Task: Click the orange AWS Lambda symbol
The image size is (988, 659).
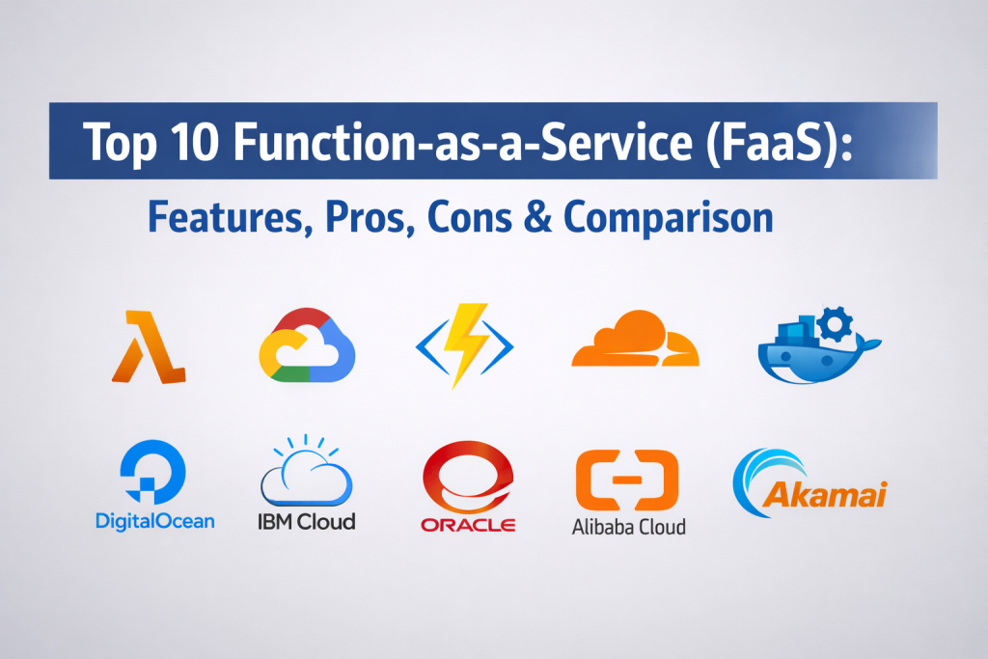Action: tap(150, 349)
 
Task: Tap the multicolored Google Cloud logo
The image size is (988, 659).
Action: tap(307, 345)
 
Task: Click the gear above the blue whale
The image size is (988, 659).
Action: tap(835, 324)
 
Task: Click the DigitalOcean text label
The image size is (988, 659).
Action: tap(155, 522)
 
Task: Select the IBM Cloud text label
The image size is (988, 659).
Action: tap(307, 522)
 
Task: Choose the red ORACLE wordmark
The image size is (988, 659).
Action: tap(468, 524)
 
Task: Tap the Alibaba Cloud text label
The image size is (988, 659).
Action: tap(629, 527)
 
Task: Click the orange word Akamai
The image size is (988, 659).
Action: tap(825, 495)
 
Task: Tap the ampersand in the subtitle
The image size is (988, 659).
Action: tap(537, 218)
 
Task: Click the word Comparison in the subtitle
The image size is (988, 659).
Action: tap(669, 219)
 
